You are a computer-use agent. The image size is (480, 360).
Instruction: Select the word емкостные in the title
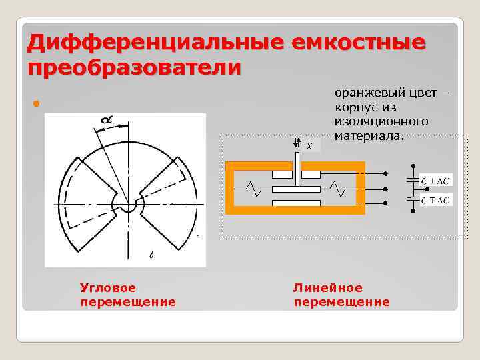358,43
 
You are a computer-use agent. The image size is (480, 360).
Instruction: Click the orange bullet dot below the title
36,105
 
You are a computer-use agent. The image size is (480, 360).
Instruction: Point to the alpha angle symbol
107,121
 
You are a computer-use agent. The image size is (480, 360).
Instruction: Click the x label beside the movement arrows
308,146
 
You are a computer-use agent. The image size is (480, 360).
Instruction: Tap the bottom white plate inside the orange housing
296,203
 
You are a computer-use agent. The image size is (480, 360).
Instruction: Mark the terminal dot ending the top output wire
385,175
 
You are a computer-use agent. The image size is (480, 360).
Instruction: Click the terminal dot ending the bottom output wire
385,203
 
